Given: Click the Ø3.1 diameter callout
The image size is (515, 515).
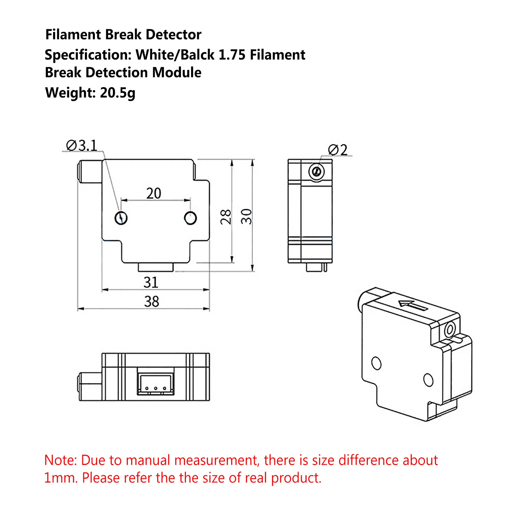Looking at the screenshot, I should (81, 146).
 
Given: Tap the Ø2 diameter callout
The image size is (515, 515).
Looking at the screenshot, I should (338, 150).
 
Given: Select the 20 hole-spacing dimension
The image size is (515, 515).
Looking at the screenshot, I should (153, 194).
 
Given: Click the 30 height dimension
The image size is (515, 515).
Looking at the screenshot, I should (246, 216).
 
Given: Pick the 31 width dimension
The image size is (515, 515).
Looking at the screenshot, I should (151, 282).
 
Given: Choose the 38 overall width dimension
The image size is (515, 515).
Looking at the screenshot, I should (152, 302).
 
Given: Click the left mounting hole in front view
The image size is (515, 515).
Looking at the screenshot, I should (121, 218).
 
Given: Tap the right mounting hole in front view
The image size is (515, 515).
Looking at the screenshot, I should (190, 218).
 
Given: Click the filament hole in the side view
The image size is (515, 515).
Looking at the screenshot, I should (317, 171).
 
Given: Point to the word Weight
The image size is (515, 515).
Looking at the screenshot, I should (70, 93).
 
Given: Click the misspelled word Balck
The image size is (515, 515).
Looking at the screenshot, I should (197, 55).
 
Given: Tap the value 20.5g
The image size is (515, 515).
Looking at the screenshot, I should (118, 93).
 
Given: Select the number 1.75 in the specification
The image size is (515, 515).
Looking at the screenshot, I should (232, 55).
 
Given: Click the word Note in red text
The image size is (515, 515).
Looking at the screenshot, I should (60, 460).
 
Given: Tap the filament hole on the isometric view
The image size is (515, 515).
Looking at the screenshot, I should (449, 329).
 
